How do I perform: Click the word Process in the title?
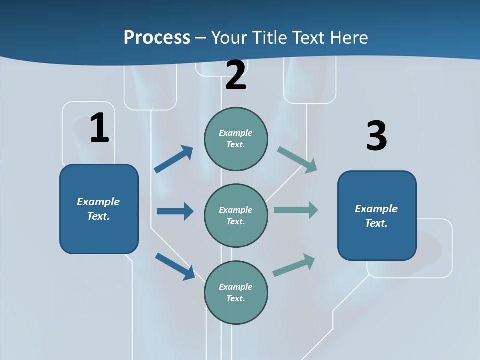coord(157,38)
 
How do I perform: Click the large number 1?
coord(99,128)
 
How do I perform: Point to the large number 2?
coord(236,75)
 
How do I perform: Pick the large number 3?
coord(376,136)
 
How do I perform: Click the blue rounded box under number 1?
coord(99,209)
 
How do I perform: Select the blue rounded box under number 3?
coord(377,216)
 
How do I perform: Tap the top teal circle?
coord(236,139)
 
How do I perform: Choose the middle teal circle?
coord(236,215)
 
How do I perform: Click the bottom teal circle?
coord(236,292)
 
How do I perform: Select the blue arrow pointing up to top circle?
coord(174,159)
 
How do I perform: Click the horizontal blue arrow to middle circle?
coord(175,211)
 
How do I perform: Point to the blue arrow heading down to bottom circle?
coord(175,266)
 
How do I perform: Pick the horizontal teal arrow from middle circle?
coord(296,210)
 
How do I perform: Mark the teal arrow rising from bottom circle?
coord(294,265)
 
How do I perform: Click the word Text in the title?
coord(309,38)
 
